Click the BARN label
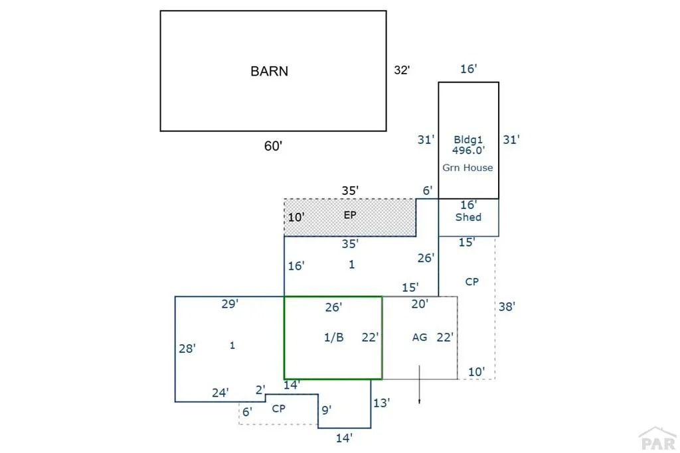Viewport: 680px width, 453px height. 270,71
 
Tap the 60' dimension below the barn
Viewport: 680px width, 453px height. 273,146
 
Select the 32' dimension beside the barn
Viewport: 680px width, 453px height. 402,70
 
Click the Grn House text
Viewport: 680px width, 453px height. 467,168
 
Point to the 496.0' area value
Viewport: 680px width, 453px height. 468,151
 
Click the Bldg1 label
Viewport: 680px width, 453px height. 468,139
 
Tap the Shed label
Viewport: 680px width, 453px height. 468,217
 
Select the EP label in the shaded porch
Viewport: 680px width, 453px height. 350,215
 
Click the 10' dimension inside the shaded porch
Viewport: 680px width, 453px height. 296,217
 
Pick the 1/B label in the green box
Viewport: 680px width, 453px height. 334,338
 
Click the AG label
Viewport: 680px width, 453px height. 420,337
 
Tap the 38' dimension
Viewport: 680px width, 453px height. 507,306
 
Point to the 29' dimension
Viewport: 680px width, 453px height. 230,304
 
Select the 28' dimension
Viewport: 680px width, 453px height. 187,348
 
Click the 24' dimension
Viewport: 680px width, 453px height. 220,393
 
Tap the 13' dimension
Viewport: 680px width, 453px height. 382,403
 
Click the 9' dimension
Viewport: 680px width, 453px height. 327,410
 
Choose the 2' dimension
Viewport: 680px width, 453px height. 260,390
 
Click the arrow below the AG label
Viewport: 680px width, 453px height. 420,385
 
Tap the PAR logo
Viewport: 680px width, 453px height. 658,438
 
